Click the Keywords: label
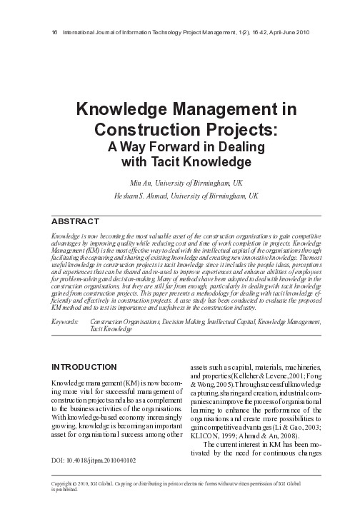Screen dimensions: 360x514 pyautogui.click(x=66, y=323)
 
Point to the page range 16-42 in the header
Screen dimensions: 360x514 pyautogui.click(x=249, y=34)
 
